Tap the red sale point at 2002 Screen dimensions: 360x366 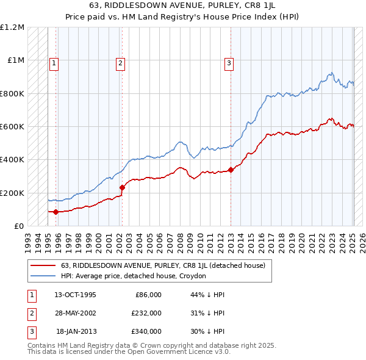[x=122, y=187]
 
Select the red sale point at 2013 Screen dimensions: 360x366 [x=231, y=170]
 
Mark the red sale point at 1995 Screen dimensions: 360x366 [x=56, y=212]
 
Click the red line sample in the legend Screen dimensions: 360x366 [x=43, y=266]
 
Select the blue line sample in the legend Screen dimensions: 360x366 [x=43, y=276]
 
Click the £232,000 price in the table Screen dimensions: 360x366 [x=146, y=313]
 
